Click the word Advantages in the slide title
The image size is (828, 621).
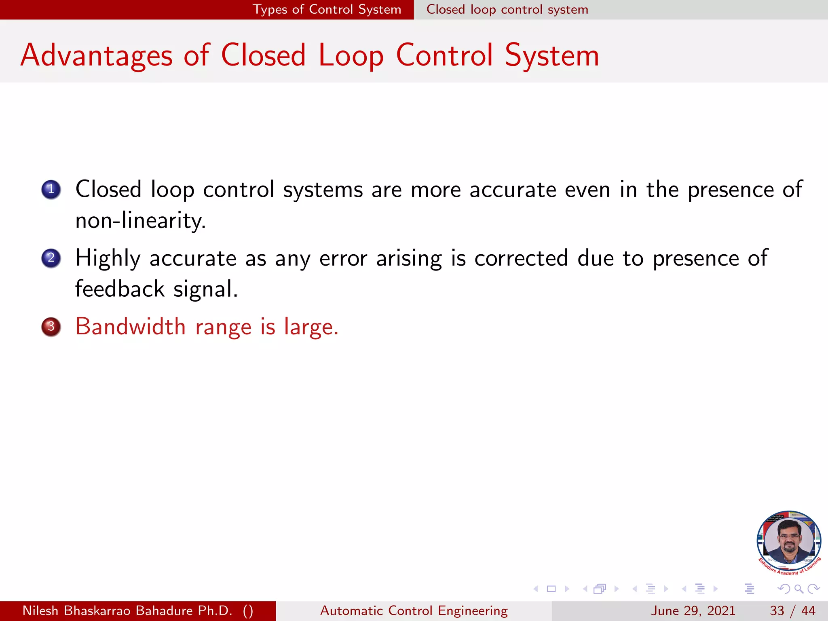(96, 55)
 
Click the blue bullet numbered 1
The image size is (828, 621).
(51, 189)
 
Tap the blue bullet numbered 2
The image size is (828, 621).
(51, 258)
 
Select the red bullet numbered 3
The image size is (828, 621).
(51, 326)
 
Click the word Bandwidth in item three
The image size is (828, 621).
(130, 326)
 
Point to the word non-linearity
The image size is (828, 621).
(140, 221)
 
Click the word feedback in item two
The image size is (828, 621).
(120, 289)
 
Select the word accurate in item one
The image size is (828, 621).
(513, 190)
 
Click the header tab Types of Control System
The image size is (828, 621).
(327, 9)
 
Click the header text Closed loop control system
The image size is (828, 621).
(507, 9)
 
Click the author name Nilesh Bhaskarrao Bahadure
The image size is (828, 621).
(127, 610)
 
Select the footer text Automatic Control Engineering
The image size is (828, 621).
(414, 610)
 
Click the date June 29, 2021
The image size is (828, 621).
(693, 610)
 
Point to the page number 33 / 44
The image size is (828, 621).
(792, 610)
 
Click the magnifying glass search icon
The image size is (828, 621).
(798, 589)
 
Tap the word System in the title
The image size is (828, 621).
(551, 55)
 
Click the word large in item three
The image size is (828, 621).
(310, 327)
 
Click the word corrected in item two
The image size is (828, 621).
(521, 258)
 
